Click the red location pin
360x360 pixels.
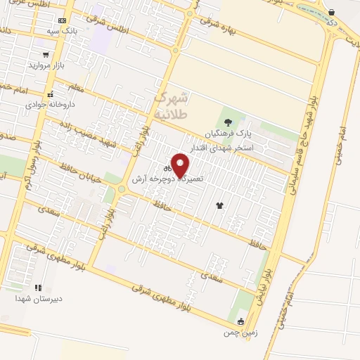tap(181, 165)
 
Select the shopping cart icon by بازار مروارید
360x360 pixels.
tap(46, 54)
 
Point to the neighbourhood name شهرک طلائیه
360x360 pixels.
tap(171, 103)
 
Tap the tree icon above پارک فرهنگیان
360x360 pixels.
tap(226, 122)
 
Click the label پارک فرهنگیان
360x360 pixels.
tap(227, 134)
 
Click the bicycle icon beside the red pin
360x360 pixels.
tap(167, 169)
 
